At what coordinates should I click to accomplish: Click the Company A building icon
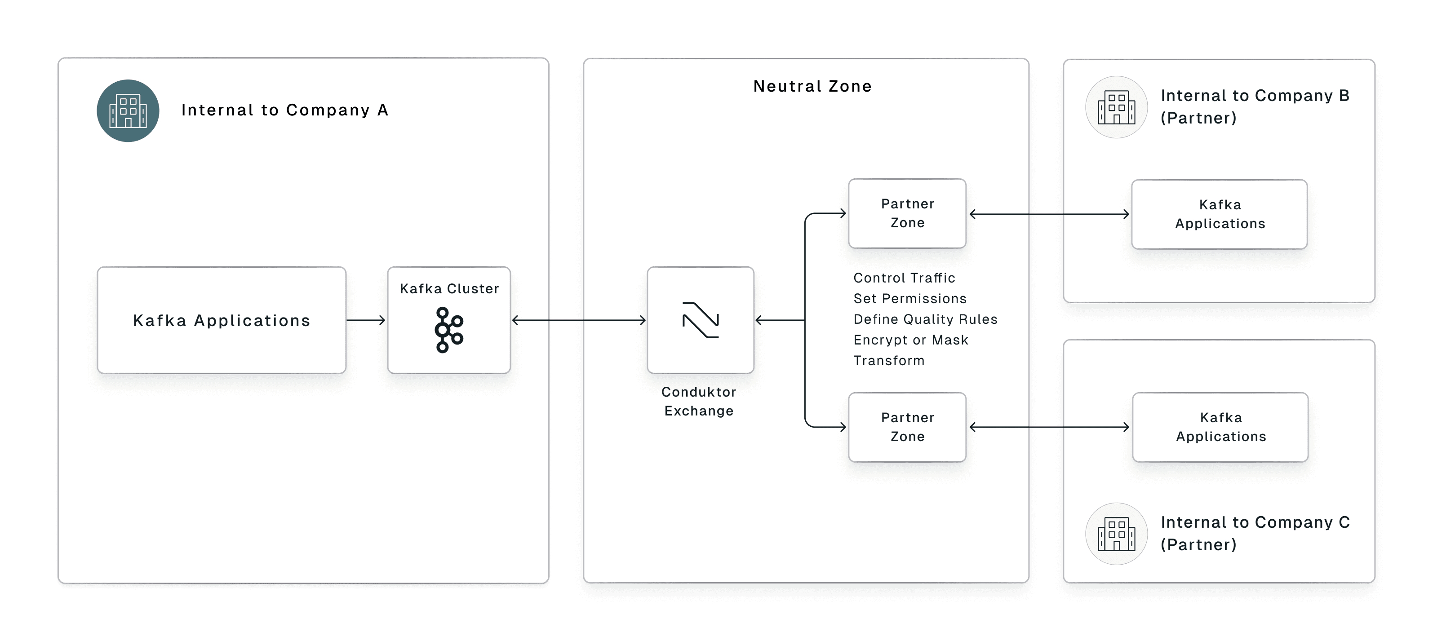128,111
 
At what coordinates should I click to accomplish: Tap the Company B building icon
1116,107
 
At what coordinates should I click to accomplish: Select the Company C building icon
1116,534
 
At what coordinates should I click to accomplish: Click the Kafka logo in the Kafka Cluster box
448,330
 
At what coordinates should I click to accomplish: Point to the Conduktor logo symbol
701,320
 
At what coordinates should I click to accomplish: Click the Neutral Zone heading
812,86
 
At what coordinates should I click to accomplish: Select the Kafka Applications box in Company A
222,320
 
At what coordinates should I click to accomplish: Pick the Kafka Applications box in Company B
1220,214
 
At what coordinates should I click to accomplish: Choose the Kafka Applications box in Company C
1220,427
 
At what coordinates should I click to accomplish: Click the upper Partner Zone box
907,213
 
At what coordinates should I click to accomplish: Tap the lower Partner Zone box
907,427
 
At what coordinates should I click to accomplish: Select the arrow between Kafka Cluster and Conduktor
578,320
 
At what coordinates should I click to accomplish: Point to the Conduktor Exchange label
699,402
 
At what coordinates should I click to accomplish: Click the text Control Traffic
904,278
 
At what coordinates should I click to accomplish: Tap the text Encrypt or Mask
911,340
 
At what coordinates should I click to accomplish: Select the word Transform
889,361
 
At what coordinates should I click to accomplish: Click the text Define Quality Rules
925,319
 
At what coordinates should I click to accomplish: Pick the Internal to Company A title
285,110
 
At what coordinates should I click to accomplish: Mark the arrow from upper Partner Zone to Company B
1049,214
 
